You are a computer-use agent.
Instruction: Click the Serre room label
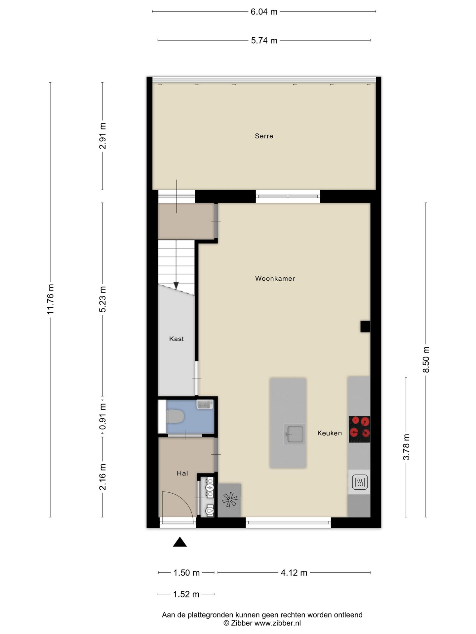coord(264,136)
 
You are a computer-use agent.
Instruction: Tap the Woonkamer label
coord(275,278)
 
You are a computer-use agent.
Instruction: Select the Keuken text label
coord(329,433)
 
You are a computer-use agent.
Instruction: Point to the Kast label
coord(176,339)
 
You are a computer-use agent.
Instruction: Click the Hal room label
coord(182,473)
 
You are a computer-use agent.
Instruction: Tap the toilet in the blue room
coord(175,416)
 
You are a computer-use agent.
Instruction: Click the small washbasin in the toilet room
coord(205,404)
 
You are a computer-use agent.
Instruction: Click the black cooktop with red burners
coord(359,429)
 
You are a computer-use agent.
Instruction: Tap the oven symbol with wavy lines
coord(360,482)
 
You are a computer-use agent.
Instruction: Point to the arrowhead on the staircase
coord(176,286)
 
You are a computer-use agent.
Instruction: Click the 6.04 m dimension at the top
coord(264,12)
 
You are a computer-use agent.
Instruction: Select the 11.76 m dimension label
coord(50,299)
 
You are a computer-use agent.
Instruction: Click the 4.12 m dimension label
coord(294,573)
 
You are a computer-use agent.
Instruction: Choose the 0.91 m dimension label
coord(102,417)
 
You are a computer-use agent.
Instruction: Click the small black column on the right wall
coord(365,326)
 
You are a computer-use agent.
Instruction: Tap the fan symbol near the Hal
coord(229,500)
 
